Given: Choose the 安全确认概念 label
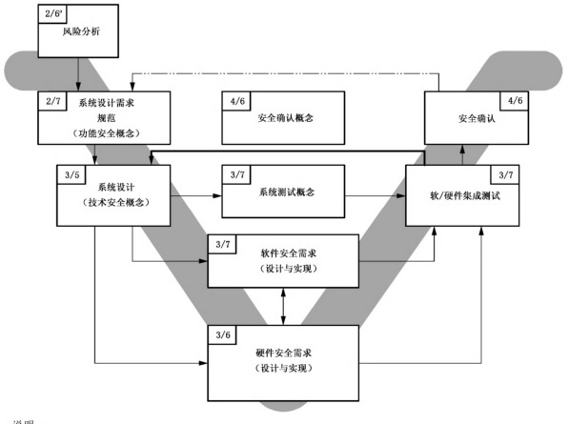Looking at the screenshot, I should click(x=286, y=119).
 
